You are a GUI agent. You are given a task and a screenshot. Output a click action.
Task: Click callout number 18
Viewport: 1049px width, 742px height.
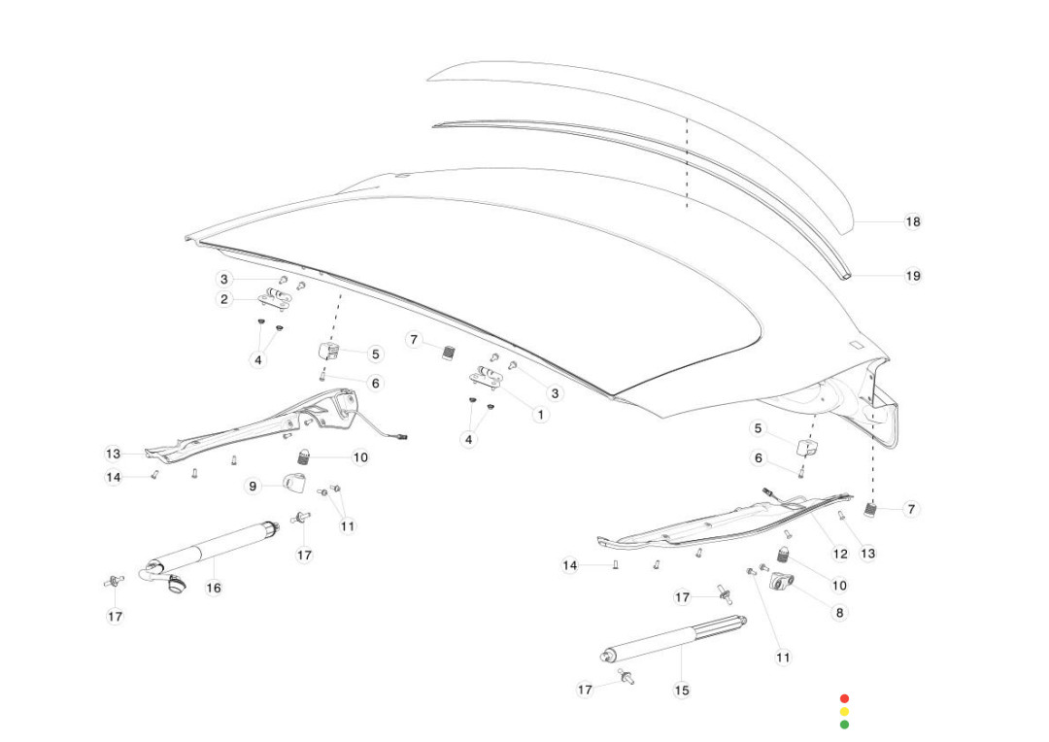[913, 221]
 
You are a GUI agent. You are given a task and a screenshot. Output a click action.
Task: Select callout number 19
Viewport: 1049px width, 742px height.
[913, 276]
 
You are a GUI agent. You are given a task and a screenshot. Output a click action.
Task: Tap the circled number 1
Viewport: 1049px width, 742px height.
[541, 415]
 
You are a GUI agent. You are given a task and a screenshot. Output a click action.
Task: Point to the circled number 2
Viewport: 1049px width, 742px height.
[224, 299]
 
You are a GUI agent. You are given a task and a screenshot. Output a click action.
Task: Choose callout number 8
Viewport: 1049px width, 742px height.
[840, 613]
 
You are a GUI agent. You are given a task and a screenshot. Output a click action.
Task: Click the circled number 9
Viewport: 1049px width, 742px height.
[252, 486]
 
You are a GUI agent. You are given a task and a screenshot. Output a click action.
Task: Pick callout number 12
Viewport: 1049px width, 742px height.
[840, 554]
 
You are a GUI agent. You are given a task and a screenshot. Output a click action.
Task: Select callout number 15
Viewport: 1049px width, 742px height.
[682, 691]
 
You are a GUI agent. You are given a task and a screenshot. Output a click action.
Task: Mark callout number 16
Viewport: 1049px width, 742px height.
[214, 588]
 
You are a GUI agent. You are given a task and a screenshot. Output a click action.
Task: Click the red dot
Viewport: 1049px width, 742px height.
[844, 698]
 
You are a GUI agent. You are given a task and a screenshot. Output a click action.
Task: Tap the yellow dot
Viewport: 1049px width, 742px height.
[844, 712]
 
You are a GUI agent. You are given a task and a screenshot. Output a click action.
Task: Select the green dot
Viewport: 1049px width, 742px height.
[844, 725]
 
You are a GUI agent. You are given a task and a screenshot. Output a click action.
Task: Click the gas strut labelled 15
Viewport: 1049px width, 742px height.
[670, 640]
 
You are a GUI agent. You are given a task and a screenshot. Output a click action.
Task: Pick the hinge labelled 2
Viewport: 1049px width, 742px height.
[275, 299]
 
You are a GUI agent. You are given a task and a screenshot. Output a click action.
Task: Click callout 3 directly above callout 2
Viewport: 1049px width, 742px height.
[224, 280]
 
